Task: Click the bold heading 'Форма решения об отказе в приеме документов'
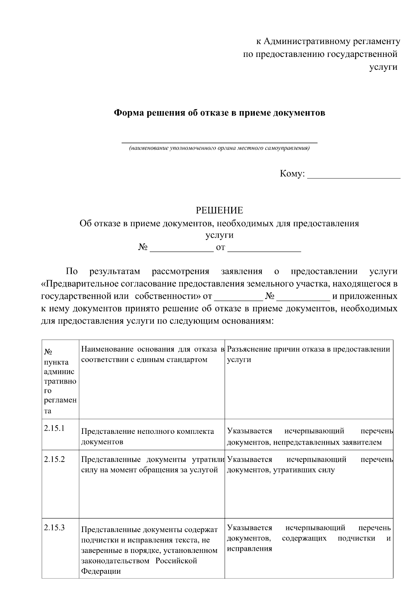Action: [x=220, y=113]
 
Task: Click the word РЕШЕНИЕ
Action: [x=219, y=211]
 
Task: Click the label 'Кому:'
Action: [x=292, y=174]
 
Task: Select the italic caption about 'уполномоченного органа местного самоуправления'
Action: [x=219, y=149]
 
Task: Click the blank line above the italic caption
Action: [x=219, y=141]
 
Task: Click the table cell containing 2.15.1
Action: [x=60, y=434]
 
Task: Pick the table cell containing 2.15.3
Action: [x=60, y=552]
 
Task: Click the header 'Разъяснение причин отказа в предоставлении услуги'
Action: [x=309, y=354]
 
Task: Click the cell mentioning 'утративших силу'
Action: [x=309, y=465]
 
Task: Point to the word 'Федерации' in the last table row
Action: [x=101, y=571]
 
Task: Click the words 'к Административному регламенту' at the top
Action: [x=328, y=42]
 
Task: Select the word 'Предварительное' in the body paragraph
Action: [x=82, y=284]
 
